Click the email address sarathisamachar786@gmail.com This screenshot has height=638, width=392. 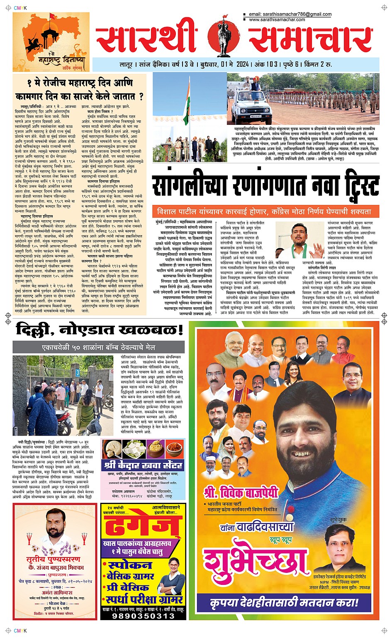pyautogui.click(x=290, y=14)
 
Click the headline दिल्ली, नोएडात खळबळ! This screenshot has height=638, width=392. pyautogui.click(x=100, y=330)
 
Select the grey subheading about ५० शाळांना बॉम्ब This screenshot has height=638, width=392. pyautogui.click(x=99, y=347)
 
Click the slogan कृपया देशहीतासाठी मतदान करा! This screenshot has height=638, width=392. pyautogui.click(x=284, y=602)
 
